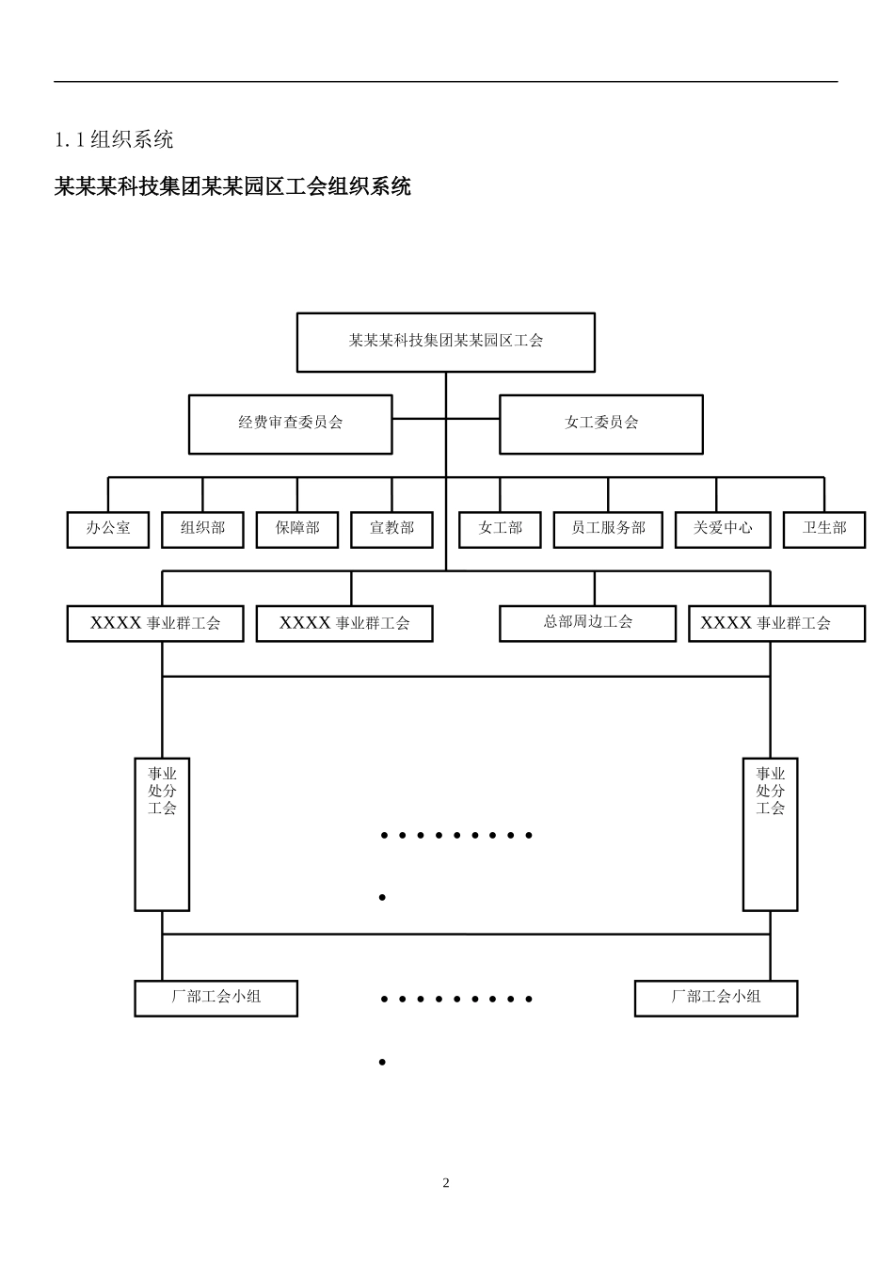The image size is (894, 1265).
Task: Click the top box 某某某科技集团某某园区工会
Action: (x=446, y=342)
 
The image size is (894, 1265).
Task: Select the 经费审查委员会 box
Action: (x=290, y=424)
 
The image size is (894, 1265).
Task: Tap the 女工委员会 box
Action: (x=600, y=424)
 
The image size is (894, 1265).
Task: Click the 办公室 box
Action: (x=108, y=529)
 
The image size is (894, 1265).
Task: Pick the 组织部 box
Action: (x=202, y=529)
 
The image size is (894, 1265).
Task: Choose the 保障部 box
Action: (x=297, y=529)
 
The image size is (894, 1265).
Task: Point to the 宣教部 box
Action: (x=391, y=529)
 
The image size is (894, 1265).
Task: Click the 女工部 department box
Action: (x=500, y=529)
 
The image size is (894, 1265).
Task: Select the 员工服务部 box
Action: (x=608, y=529)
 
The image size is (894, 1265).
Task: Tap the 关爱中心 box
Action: (x=723, y=529)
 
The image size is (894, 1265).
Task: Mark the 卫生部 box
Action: (x=824, y=529)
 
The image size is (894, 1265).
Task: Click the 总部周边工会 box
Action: (x=587, y=623)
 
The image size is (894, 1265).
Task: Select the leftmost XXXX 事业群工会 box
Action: (x=155, y=624)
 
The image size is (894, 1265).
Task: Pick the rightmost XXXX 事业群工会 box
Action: (x=776, y=624)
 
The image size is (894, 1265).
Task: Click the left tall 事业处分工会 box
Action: (x=162, y=834)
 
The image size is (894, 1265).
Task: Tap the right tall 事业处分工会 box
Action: (x=770, y=834)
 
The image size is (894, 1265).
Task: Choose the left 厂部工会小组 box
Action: (x=216, y=998)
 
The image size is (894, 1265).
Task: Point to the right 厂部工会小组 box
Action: (x=715, y=998)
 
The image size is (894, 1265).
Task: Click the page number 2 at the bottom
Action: (x=446, y=1183)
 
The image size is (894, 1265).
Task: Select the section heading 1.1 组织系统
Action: (x=114, y=140)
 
